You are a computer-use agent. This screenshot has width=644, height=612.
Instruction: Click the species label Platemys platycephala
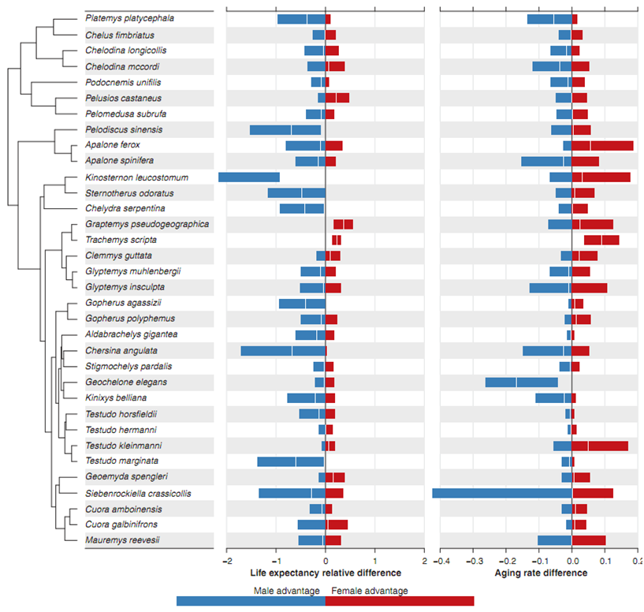(130, 19)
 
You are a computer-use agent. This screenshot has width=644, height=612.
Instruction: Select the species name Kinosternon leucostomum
(136, 177)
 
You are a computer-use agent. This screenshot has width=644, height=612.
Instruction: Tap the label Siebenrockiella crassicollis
(138, 493)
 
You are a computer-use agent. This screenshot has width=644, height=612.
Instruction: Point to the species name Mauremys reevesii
(123, 540)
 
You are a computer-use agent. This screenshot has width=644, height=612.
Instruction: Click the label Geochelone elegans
(125, 382)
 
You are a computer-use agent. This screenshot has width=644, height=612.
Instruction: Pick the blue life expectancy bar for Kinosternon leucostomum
(249, 177)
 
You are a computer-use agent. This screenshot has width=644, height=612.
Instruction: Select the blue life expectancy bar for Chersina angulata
(283, 350)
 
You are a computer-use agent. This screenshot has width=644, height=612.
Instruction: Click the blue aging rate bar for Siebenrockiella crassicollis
(501, 493)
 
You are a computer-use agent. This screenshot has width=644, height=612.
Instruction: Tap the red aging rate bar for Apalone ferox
(603, 145)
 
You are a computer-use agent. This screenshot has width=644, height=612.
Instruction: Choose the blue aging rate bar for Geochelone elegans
(521, 382)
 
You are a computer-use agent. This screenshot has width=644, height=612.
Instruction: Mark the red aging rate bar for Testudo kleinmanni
(600, 446)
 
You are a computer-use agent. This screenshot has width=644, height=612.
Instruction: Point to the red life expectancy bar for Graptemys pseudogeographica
(343, 224)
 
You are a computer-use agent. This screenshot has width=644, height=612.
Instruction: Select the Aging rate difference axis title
(541, 573)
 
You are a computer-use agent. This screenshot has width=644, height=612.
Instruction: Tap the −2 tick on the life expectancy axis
(226, 561)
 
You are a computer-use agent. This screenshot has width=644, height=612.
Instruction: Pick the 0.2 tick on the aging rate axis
(635, 561)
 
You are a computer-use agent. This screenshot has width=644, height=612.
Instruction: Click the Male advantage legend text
(286, 591)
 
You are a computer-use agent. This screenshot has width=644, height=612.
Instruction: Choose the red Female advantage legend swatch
(400, 601)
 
